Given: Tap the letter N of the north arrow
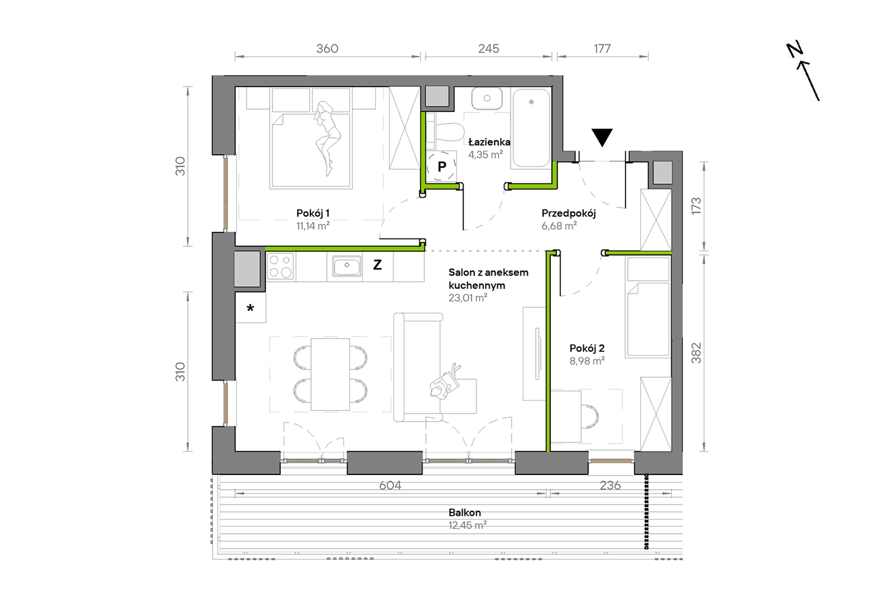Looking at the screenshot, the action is (x=795, y=50).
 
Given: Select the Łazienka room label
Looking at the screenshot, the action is (x=489, y=142).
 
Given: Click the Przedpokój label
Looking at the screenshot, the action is (x=568, y=214).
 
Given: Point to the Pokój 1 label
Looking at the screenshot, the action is (x=313, y=213).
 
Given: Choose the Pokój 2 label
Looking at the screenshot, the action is (x=587, y=348).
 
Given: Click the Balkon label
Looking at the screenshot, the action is (x=465, y=512).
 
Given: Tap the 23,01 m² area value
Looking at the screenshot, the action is (x=468, y=298).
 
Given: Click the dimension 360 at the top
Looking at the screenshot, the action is (x=327, y=49).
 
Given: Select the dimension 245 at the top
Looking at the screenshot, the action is (x=489, y=49).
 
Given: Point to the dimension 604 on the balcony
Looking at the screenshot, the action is (x=390, y=485).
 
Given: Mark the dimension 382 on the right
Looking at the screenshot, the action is (x=696, y=353).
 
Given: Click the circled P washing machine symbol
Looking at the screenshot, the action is (x=442, y=166).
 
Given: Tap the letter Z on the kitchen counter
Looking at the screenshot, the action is (x=377, y=265).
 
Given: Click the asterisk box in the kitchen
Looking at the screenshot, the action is (x=251, y=308).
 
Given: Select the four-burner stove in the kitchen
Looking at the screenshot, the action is (x=281, y=266).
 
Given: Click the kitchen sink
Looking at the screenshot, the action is (x=346, y=266).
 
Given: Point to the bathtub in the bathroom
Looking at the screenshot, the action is (x=531, y=128).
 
